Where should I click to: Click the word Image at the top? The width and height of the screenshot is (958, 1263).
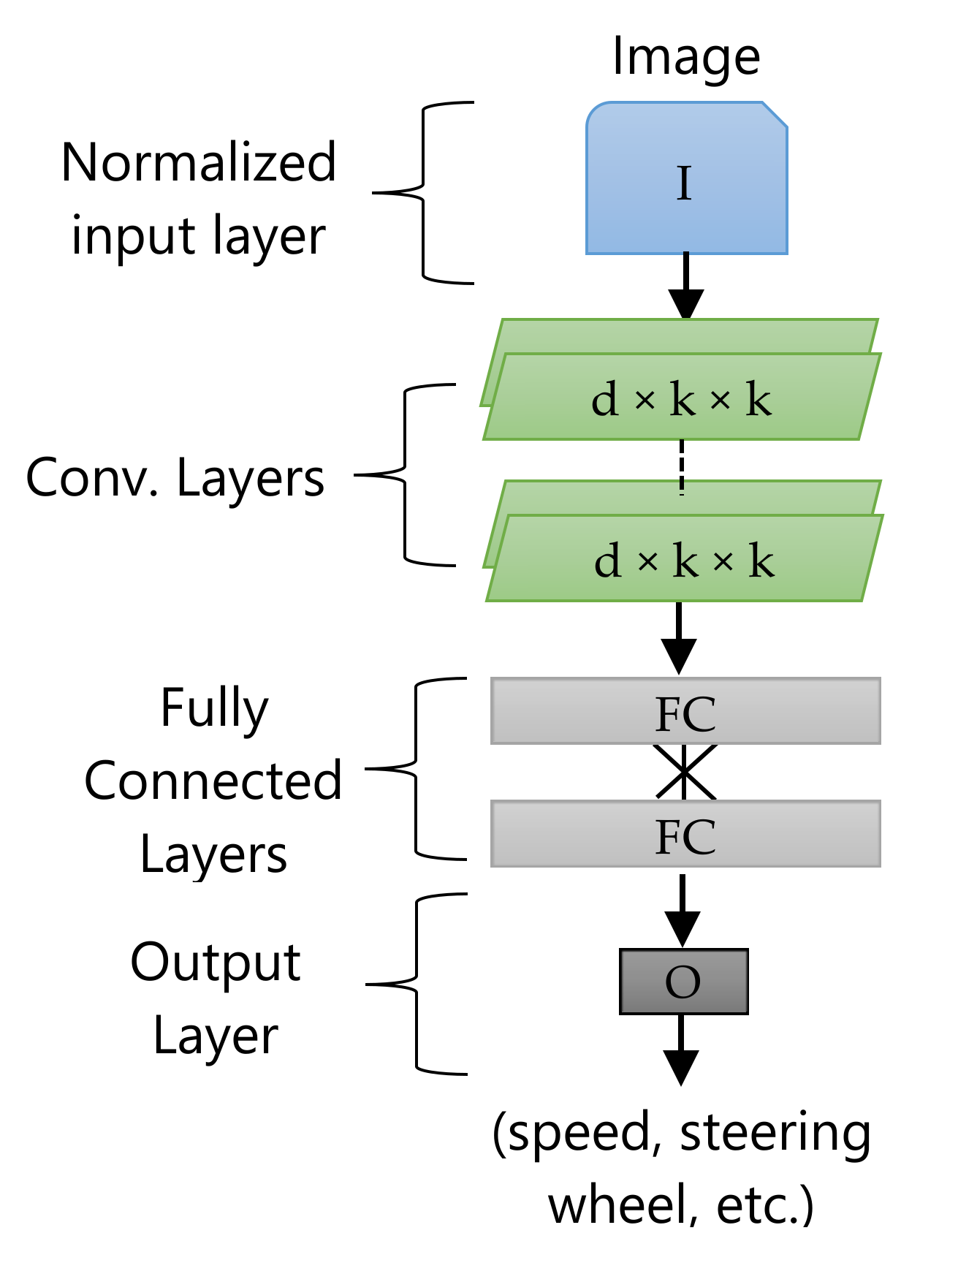click(x=685, y=57)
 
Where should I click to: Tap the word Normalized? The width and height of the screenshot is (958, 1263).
click(x=198, y=162)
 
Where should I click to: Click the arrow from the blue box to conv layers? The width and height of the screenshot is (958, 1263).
click(x=685, y=289)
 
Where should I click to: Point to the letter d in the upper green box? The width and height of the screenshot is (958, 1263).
click(x=605, y=400)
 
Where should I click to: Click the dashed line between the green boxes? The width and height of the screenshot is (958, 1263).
click(x=682, y=468)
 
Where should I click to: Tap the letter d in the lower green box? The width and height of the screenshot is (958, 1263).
click(x=608, y=561)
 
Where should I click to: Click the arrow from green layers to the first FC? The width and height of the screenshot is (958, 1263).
click(x=679, y=640)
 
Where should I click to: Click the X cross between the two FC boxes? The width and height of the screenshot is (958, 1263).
click(x=685, y=772)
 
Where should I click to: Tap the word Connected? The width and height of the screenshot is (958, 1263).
click(x=213, y=781)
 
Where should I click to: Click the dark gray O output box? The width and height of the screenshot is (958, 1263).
click(x=683, y=981)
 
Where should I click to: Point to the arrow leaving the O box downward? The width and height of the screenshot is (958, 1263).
click(x=681, y=1052)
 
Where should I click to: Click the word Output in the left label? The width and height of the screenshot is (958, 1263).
click(x=216, y=962)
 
